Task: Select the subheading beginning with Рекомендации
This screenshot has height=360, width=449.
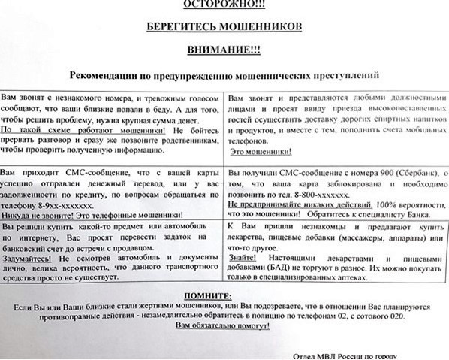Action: pos(225,76)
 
